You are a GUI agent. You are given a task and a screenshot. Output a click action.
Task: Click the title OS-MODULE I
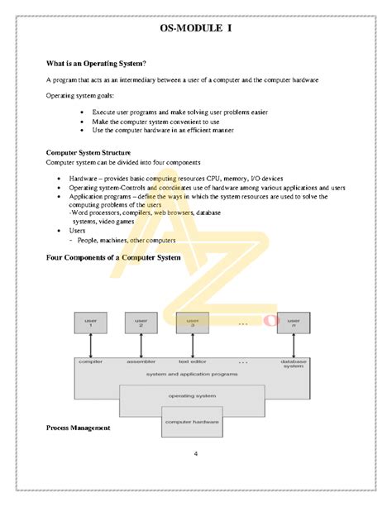(196, 29)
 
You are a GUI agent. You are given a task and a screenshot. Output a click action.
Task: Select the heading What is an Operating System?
(97, 64)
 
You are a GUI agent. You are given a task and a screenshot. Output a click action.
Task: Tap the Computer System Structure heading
(88, 153)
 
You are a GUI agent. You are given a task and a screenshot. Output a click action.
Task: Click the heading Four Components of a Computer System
(112, 258)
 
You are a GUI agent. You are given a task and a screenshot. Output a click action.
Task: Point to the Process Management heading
(78, 428)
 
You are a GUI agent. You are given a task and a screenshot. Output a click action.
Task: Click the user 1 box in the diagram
(91, 323)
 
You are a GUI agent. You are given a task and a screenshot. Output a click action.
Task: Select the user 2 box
(141, 323)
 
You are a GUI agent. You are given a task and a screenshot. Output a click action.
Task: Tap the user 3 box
(193, 323)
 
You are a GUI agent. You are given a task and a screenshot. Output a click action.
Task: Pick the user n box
(294, 323)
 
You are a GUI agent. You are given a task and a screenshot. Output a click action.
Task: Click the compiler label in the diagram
(90, 361)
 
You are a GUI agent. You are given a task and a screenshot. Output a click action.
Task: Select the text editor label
(193, 361)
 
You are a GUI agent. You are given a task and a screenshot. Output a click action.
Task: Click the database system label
(294, 363)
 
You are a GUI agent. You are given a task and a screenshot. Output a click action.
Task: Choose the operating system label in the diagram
(192, 396)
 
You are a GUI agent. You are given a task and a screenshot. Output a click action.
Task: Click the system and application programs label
(192, 375)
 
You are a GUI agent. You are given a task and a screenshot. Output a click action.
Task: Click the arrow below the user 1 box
(91, 345)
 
